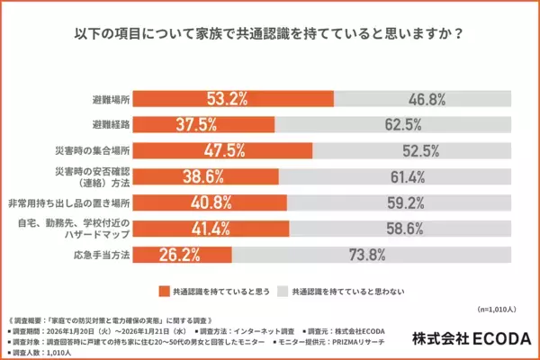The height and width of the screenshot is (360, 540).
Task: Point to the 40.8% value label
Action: tap(207, 202)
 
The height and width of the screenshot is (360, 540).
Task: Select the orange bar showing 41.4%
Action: tap(223, 229)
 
